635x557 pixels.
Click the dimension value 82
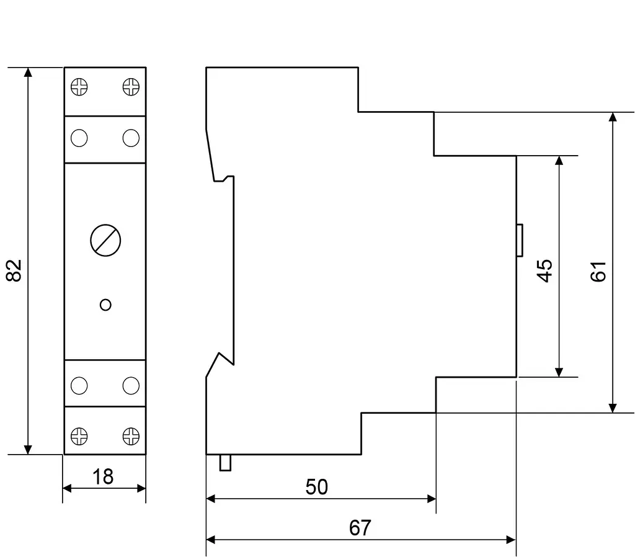coord(14,270)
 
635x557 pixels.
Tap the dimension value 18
coord(103,477)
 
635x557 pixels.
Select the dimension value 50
coord(317,487)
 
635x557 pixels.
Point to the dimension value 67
coord(360,528)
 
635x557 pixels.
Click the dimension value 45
coord(544,270)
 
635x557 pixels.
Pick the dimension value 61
coord(598,272)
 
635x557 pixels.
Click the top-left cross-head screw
coord(79,87)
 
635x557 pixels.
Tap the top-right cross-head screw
coord(131,87)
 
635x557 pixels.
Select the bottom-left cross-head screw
coord(79,436)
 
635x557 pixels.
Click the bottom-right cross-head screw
coord(131,436)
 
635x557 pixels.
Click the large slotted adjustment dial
coord(105,240)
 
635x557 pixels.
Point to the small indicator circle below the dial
coord(105,305)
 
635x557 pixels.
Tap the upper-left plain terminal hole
coord(79,138)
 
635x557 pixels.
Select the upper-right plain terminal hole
coord(131,138)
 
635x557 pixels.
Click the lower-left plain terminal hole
coord(79,386)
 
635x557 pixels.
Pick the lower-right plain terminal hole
coord(131,386)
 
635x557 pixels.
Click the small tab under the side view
coord(225,463)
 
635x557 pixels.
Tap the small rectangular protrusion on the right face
coord(520,240)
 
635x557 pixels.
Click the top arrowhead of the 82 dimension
coord(27,72)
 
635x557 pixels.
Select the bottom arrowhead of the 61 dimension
coord(613,408)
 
